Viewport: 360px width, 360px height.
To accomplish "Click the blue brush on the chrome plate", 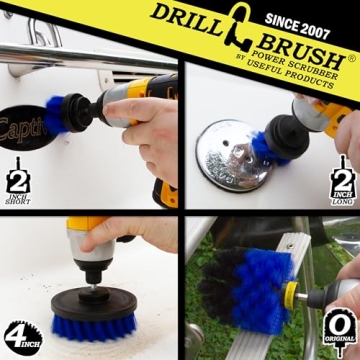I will pos(266,148).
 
